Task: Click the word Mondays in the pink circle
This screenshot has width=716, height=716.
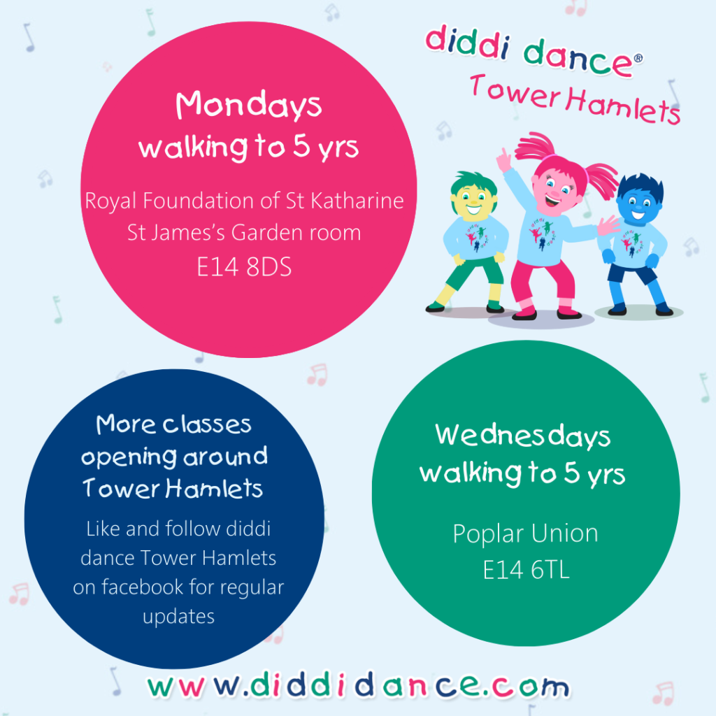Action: pos(249,105)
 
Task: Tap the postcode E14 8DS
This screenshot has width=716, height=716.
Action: pos(244,267)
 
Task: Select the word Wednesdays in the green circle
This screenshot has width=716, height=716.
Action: pos(523,436)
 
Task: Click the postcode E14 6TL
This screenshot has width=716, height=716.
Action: pos(527,571)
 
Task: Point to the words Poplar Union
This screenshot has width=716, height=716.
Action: pos(526,534)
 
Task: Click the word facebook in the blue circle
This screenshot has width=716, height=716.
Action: pos(143,587)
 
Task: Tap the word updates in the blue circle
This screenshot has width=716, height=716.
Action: pos(178,617)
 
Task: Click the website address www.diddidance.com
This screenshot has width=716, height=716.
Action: pos(359,685)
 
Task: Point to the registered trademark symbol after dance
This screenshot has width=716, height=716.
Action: pos(638,58)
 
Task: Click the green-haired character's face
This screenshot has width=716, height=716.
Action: pos(473,201)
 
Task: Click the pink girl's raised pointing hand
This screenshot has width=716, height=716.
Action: pos(503,160)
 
